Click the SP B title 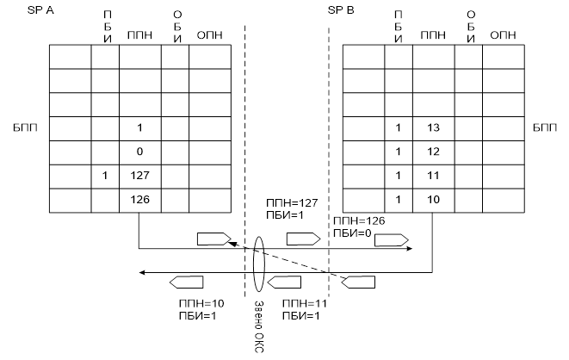[x=340, y=10]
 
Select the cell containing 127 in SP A [x=139, y=177]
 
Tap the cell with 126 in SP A [x=139, y=200]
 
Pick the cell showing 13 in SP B [x=433, y=128]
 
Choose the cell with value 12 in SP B [x=433, y=152]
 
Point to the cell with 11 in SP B [x=433, y=177]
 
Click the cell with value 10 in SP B [x=433, y=200]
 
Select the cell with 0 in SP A [x=139, y=152]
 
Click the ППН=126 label [x=352, y=220]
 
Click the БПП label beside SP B [x=544, y=127]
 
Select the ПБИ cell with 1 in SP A [x=104, y=177]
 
